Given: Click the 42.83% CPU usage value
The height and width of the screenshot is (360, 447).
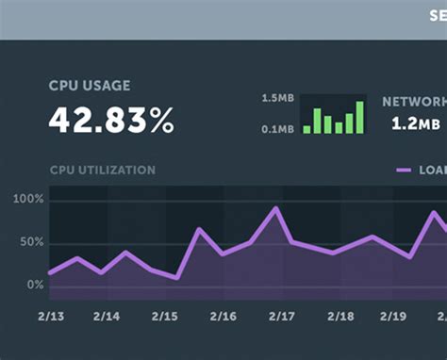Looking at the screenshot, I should (111, 120).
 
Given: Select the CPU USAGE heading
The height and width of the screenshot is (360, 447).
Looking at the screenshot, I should (90, 86).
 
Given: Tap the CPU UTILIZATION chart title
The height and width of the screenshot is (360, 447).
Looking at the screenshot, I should (102, 171).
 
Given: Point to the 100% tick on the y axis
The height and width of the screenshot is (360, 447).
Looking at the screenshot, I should (28, 200).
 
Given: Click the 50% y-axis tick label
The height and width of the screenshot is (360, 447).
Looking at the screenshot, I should (31, 242).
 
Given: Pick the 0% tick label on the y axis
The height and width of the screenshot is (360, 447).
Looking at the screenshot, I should (35, 285).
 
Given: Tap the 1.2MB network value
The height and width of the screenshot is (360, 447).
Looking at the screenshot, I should (415, 123).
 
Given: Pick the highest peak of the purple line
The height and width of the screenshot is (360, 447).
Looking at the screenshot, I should (275, 208).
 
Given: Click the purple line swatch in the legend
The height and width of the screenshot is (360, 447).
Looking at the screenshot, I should (404, 171).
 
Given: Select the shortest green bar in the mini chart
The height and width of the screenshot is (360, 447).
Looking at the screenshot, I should (306, 129).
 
